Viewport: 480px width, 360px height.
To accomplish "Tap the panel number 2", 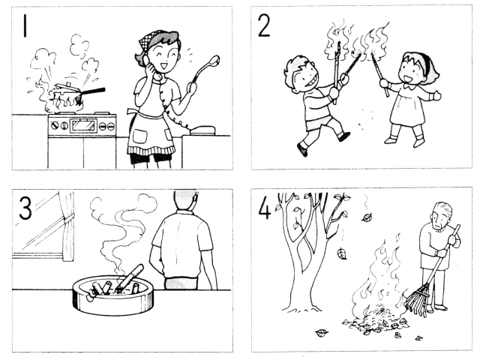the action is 264,25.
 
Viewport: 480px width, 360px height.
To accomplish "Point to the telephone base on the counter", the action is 202,130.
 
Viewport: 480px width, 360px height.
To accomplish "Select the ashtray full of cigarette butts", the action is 113,294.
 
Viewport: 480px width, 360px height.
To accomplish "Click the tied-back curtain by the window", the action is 67,226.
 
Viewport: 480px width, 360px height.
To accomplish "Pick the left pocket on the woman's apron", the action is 139,136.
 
